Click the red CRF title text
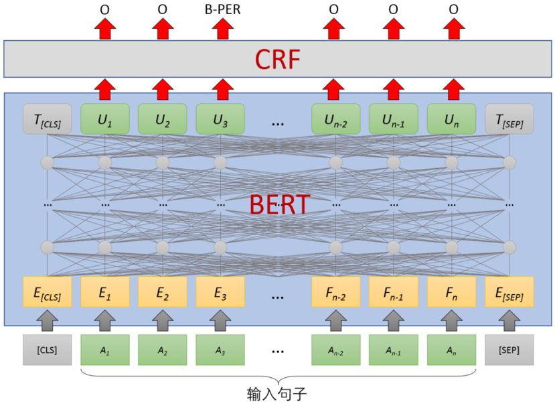coord(276,60)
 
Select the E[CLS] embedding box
coord(47,292)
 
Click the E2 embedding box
coord(162,292)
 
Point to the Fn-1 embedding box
coord(394,292)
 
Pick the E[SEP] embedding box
coord(509,292)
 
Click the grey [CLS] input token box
coord(47,350)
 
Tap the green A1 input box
coord(104,350)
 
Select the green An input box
coord(451,350)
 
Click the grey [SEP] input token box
coord(509,350)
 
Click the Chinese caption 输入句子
coord(277,391)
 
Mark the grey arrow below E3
coord(220,320)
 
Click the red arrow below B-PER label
coord(221,29)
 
